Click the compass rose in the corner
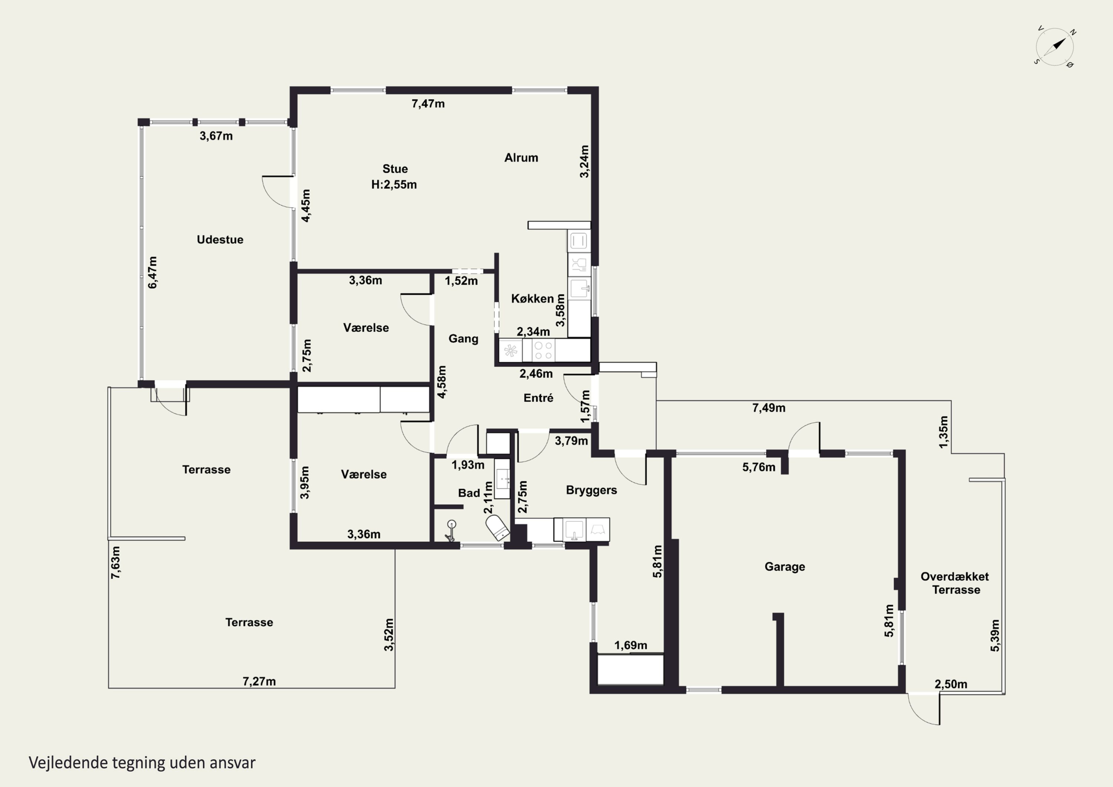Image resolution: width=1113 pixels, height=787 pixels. [x=1055, y=47]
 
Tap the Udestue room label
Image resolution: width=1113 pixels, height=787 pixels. [x=220, y=240]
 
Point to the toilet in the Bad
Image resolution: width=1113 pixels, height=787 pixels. [x=498, y=528]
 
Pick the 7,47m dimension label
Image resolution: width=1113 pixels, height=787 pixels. [x=428, y=104]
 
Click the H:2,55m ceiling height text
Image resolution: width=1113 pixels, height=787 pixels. [x=394, y=185]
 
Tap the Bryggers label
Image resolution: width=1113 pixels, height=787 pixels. [x=591, y=490]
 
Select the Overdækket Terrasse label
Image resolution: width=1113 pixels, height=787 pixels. [x=955, y=583]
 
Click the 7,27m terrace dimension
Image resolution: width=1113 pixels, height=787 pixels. [x=259, y=682]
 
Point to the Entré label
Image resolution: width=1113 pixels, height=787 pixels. [x=538, y=398]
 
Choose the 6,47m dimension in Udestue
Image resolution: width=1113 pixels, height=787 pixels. [x=153, y=272]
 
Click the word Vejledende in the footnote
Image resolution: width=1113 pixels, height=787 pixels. [x=68, y=763]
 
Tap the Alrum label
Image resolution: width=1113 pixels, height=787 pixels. [x=521, y=158]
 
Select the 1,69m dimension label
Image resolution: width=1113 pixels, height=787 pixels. [x=631, y=645]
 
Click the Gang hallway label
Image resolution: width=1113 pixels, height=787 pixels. [x=463, y=339]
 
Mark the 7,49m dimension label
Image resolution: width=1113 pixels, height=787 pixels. [x=769, y=408]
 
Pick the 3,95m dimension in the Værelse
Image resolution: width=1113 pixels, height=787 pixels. [x=305, y=482]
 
